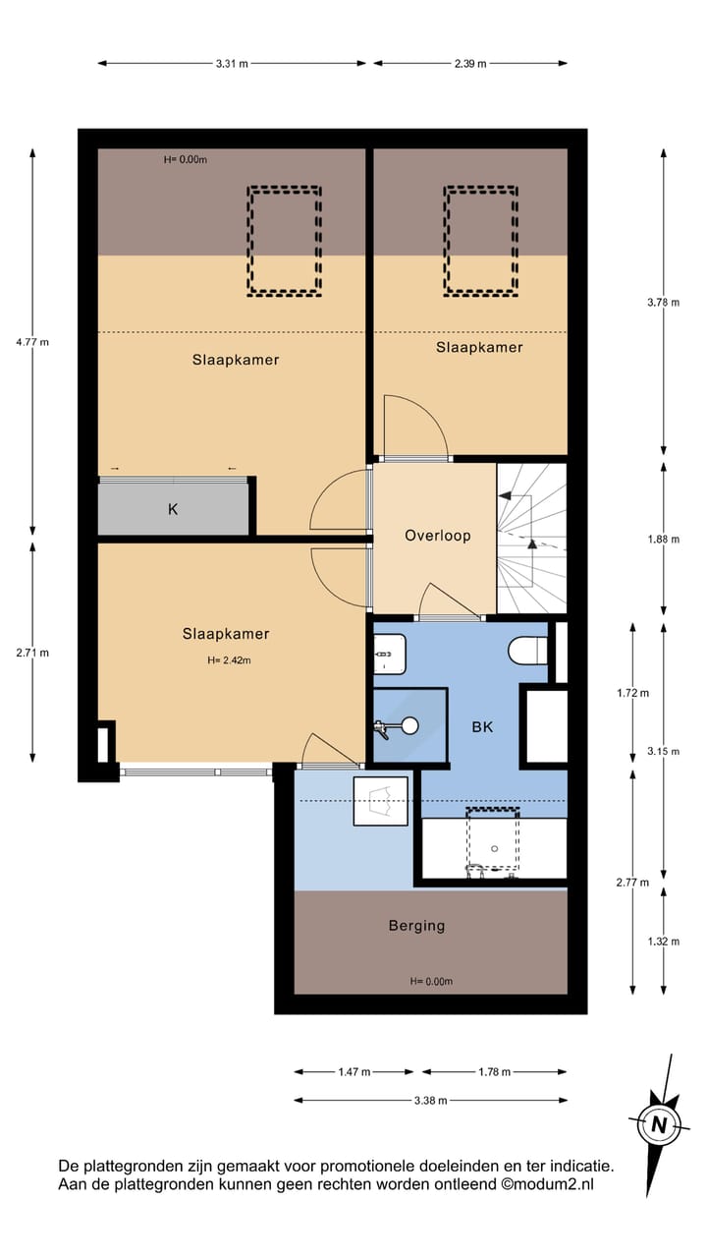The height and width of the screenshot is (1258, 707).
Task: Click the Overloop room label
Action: pos(437,536)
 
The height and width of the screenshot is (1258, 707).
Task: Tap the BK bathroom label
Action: pos(481,727)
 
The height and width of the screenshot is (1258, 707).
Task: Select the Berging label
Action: pos(416,925)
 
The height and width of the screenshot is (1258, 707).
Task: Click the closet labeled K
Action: pos(173,509)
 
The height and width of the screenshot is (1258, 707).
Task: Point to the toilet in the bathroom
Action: pos(528,651)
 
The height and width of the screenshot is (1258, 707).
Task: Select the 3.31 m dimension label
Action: pos(232,63)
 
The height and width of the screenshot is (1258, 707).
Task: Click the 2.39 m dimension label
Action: pos(469,63)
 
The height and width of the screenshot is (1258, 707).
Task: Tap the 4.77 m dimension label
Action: pos(32,342)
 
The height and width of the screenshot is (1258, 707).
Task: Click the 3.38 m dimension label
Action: pos(430,1101)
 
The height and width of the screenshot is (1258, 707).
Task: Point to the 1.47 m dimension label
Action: pos(353,1072)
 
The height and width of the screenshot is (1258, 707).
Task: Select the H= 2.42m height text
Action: pos(229,660)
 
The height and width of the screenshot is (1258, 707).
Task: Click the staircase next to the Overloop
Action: pos(531,539)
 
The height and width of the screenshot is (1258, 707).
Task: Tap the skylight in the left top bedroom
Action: pos(284,241)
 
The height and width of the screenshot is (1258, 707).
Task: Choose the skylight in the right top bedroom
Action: pos(481,241)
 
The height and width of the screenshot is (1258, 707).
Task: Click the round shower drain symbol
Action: pos(409,726)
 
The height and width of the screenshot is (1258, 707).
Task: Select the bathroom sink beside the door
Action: pos(389,654)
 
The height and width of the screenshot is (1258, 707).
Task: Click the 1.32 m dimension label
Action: pos(663,941)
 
